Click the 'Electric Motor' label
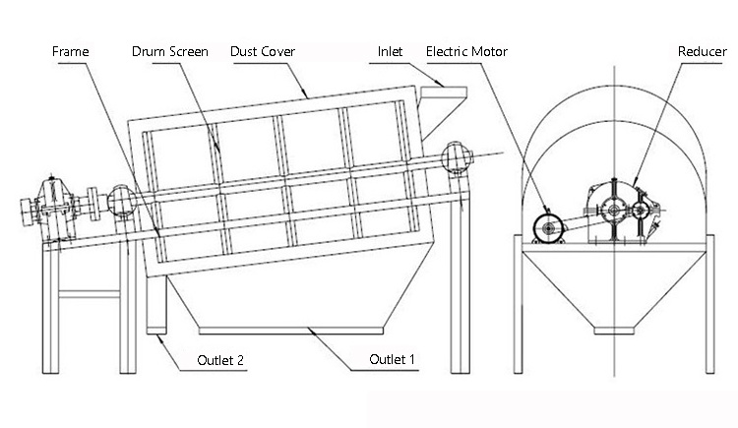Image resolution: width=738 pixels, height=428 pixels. coord(467,50)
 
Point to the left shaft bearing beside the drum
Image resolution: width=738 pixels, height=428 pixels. coord(123,202)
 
